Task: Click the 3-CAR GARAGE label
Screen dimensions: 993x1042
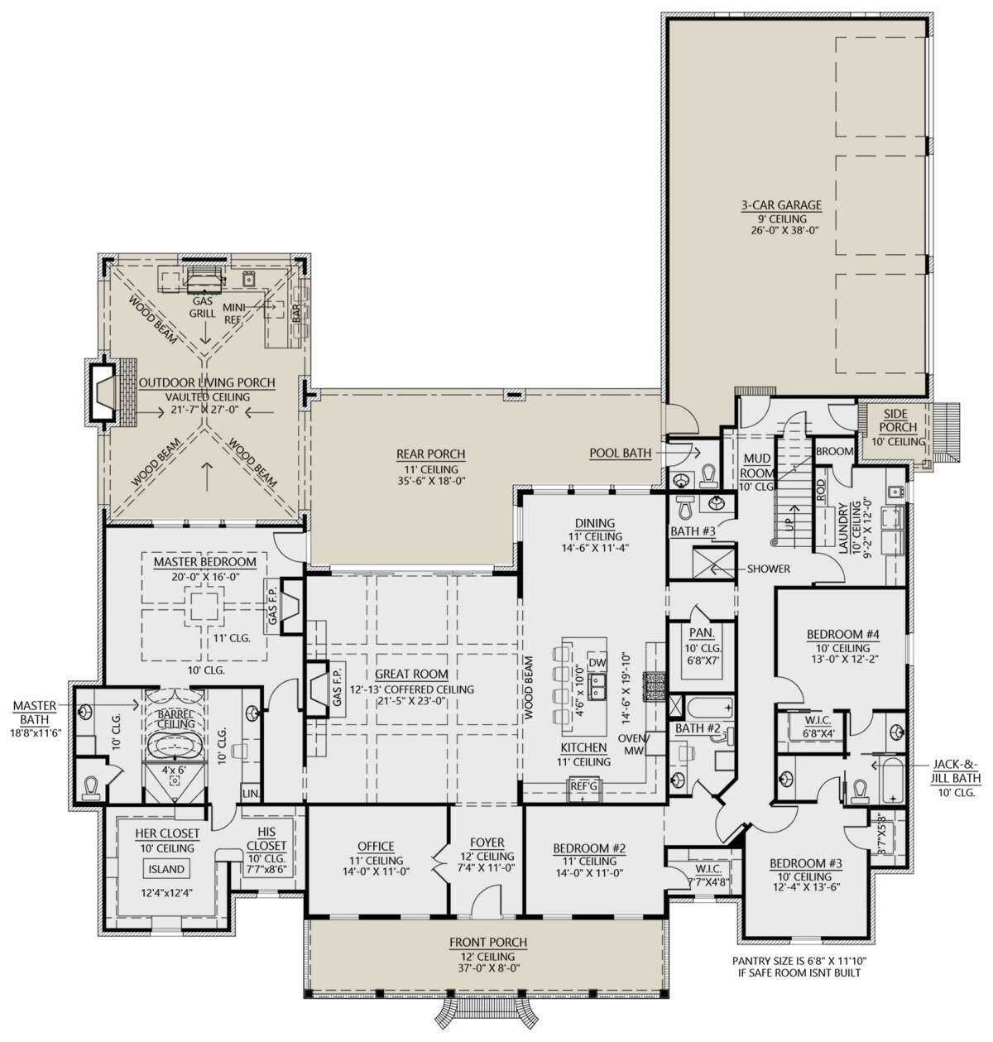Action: [x=780, y=204]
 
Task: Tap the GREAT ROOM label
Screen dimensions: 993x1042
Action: [x=412, y=675]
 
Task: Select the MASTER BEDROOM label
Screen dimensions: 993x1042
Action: [x=204, y=562]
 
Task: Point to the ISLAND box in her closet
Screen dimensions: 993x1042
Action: [x=166, y=869]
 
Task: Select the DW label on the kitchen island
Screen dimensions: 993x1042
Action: [x=597, y=662]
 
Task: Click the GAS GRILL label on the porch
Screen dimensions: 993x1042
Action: [x=203, y=307]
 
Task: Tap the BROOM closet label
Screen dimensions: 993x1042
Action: [x=835, y=452]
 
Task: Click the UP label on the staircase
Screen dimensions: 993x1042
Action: [x=790, y=525]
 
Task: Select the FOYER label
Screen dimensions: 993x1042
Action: [x=487, y=843]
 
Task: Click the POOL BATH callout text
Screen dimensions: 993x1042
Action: [x=621, y=454]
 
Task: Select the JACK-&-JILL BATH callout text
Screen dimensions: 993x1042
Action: [x=956, y=771]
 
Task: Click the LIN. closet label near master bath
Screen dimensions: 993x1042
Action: [x=251, y=794]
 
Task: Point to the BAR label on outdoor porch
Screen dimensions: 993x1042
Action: [x=296, y=313]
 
